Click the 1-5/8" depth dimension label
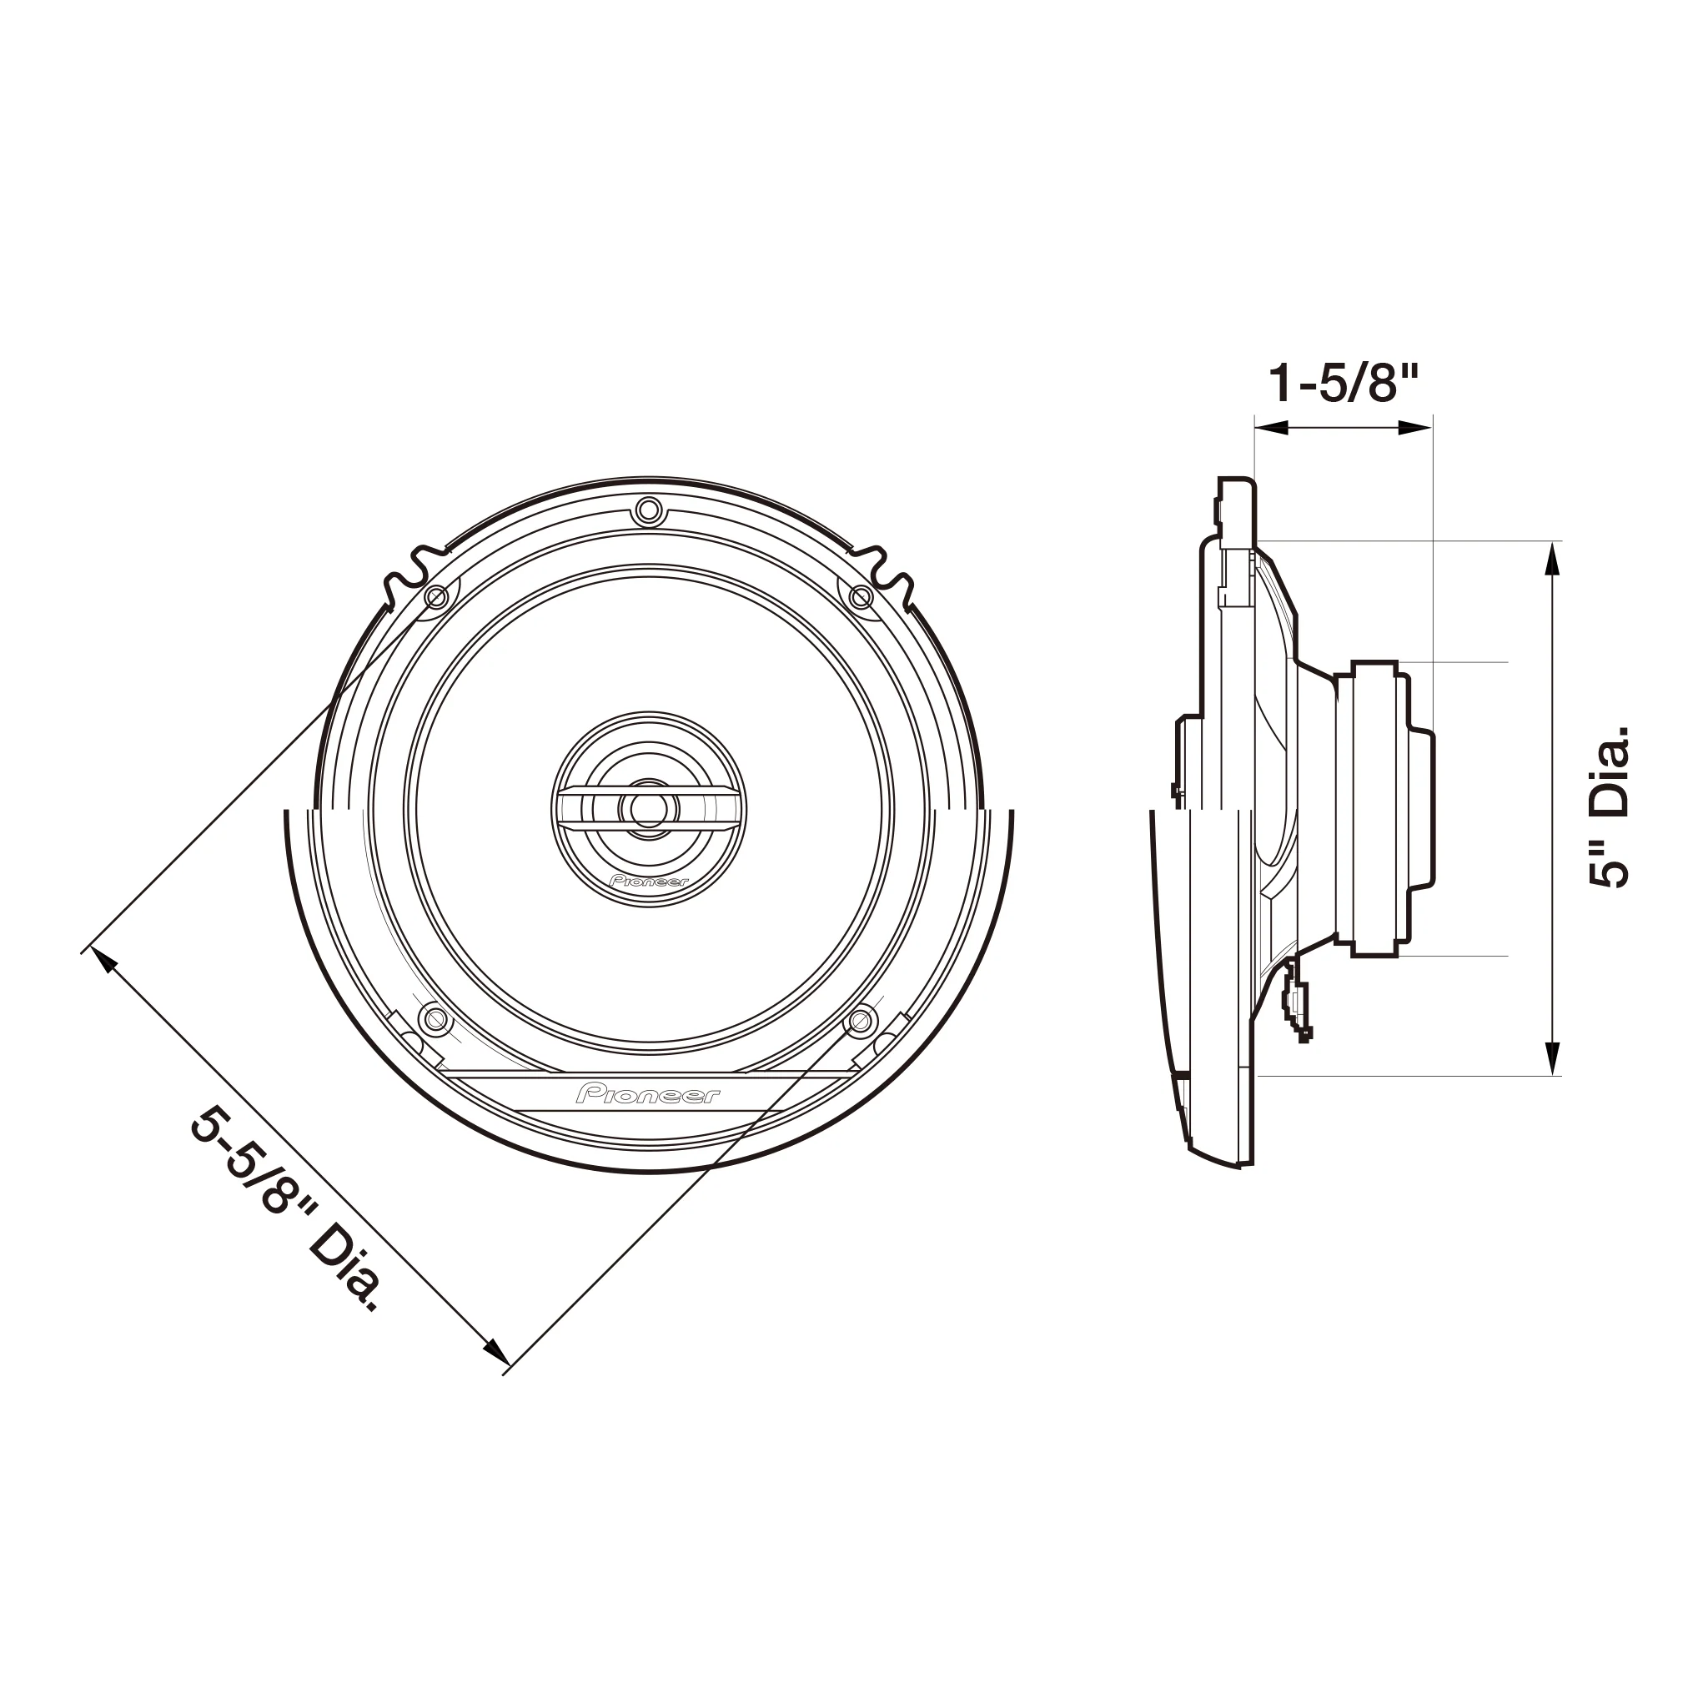click(1343, 383)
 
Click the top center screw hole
click(648, 510)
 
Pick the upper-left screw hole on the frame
click(436, 599)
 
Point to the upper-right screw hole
click(860, 599)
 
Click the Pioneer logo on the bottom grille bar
click(648, 1094)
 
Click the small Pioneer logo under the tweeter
click(648, 882)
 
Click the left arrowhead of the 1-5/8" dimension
click(1266, 428)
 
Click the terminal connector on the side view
click(1298, 1002)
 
